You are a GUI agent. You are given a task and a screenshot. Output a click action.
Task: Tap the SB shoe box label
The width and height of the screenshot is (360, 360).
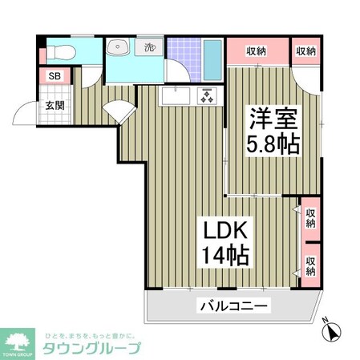55,77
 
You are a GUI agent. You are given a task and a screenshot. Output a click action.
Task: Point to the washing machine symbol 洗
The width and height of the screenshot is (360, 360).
149,47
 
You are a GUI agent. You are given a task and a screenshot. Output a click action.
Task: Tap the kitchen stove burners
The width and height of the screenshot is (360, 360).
206,96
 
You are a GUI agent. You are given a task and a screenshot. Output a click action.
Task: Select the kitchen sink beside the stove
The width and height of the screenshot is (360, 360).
176,96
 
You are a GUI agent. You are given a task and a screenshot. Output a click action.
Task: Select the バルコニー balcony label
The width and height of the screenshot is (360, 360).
234,305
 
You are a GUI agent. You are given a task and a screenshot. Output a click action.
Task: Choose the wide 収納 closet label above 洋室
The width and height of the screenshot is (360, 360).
256,51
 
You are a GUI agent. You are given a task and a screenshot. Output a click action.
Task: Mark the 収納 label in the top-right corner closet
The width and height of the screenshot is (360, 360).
305,51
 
